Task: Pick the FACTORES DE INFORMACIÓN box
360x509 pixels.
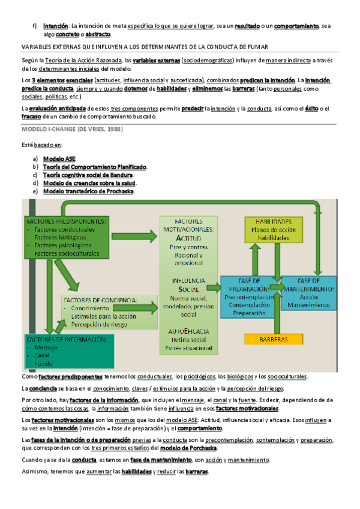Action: pos(68,352)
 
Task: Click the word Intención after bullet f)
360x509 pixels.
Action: pos(55,26)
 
